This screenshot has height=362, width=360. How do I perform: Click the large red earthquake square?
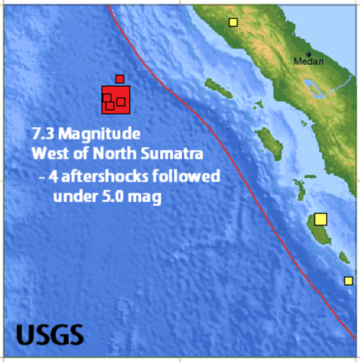[x=116, y=100]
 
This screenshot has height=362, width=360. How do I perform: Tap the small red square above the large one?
[x=119, y=78]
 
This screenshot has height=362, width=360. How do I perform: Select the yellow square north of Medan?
[x=232, y=22]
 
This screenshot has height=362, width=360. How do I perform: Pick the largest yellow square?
[x=320, y=219]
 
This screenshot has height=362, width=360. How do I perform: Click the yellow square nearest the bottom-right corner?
[x=348, y=281]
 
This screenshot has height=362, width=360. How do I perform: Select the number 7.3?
[x=43, y=134]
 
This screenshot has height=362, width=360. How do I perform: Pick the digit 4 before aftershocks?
[x=54, y=177]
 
